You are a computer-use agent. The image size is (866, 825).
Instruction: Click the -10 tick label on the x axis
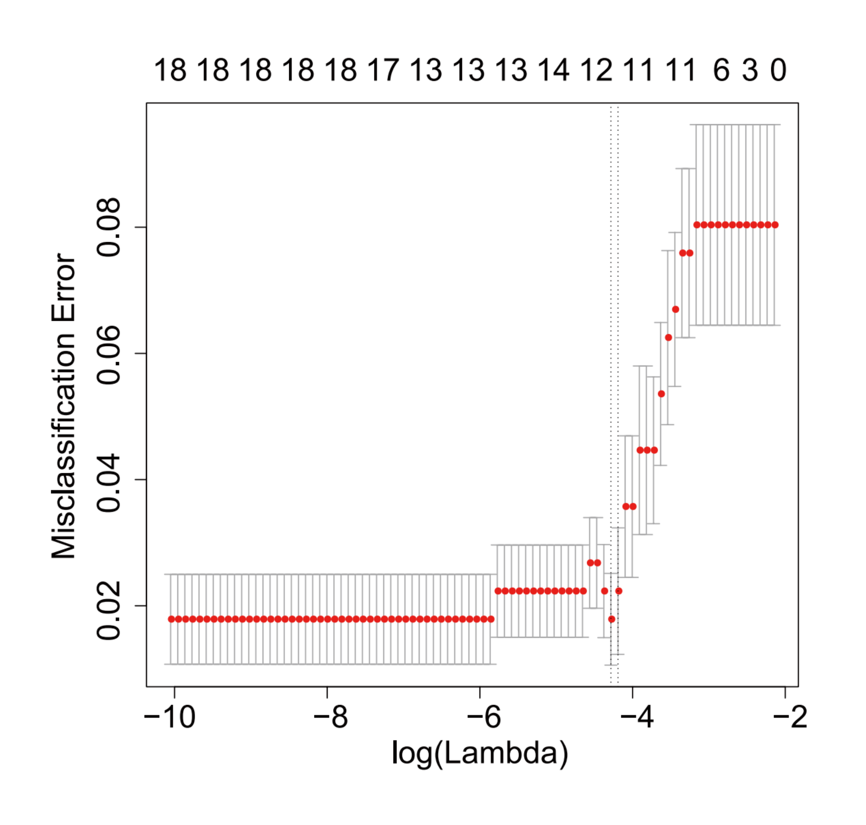point(169,718)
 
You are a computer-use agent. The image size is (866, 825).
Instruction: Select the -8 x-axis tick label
point(330,718)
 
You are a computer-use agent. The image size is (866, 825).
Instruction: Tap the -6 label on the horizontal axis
point(483,718)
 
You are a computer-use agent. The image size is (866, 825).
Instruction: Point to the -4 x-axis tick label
point(636,718)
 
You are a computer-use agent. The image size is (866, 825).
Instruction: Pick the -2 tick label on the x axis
point(790,718)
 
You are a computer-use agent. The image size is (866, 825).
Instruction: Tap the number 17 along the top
point(383,70)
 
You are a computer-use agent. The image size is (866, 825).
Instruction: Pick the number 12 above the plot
point(596,70)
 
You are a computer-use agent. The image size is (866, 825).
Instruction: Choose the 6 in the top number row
point(721,70)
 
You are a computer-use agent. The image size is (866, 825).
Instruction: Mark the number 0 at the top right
point(778,70)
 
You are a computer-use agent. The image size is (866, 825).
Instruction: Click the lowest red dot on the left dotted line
point(611,619)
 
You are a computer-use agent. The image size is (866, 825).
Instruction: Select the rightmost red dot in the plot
point(775,225)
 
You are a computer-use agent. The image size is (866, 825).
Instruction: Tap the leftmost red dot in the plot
point(172,619)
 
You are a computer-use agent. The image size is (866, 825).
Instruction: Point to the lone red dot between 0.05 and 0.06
point(661,394)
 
